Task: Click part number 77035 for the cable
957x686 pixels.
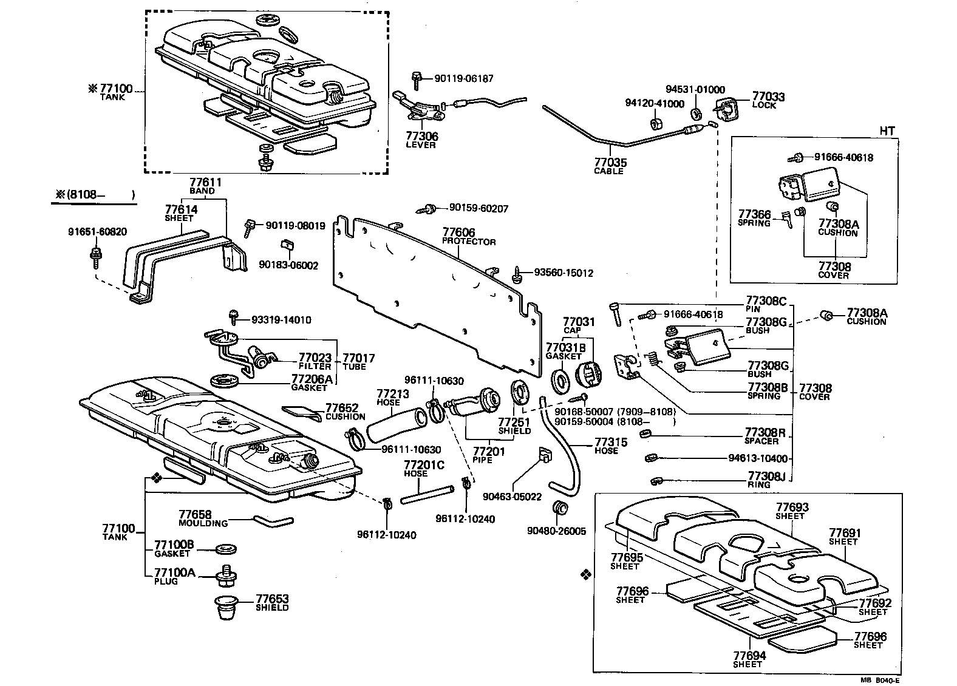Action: click(x=610, y=163)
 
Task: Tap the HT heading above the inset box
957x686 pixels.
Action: click(x=887, y=130)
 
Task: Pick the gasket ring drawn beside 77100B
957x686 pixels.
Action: click(x=226, y=549)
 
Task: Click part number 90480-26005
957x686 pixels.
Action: click(x=557, y=531)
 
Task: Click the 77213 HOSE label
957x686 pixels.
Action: click(x=389, y=397)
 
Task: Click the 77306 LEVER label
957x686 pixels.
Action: click(x=421, y=140)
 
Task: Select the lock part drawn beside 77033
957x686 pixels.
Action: click(x=726, y=110)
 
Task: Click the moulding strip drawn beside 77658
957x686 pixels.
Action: click(x=273, y=520)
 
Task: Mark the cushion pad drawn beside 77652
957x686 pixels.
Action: click(x=302, y=413)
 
